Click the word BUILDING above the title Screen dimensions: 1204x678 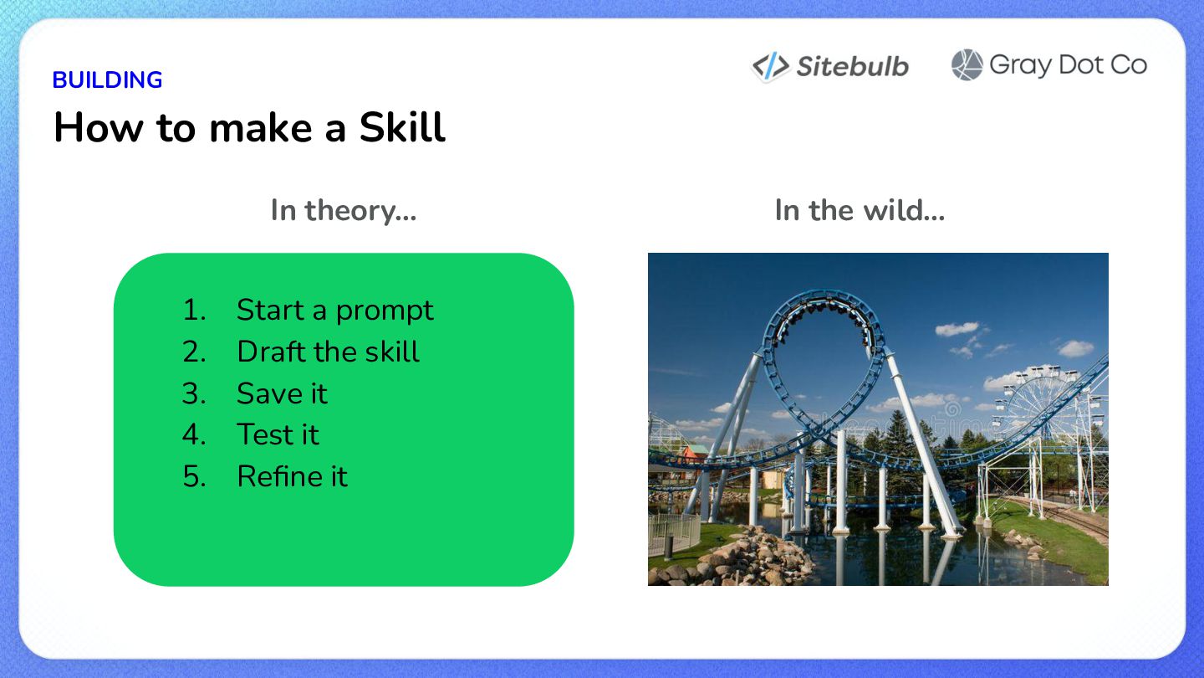(x=108, y=80)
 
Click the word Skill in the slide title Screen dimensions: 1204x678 (x=402, y=127)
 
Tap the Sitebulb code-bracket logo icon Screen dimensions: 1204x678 (x=771, y=66)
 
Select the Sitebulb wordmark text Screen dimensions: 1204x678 (x=853, y=67)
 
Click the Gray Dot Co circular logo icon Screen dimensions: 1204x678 (x=967, y=65)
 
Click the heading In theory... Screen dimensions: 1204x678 (x=344, y=210)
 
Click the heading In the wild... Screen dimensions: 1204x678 (x=860, y=210)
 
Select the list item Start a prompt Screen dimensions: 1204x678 (x=334, y=310)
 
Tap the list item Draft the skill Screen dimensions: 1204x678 (x=328, y=352)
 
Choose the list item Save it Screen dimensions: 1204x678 (x=282, y=393)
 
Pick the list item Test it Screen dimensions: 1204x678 (x=278, y=434)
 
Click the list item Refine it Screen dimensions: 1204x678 (x=292, y=476)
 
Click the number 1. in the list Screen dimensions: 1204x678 (x=194, y=310)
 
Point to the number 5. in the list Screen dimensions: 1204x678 (x=194, y=476)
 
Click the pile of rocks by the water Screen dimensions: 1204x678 (x=742, y=560)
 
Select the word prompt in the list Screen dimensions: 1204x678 (x=385, y=311)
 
